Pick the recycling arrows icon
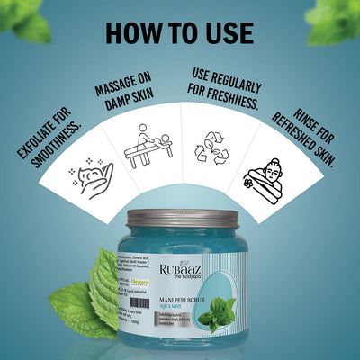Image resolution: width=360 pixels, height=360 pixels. pos(214,148)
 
